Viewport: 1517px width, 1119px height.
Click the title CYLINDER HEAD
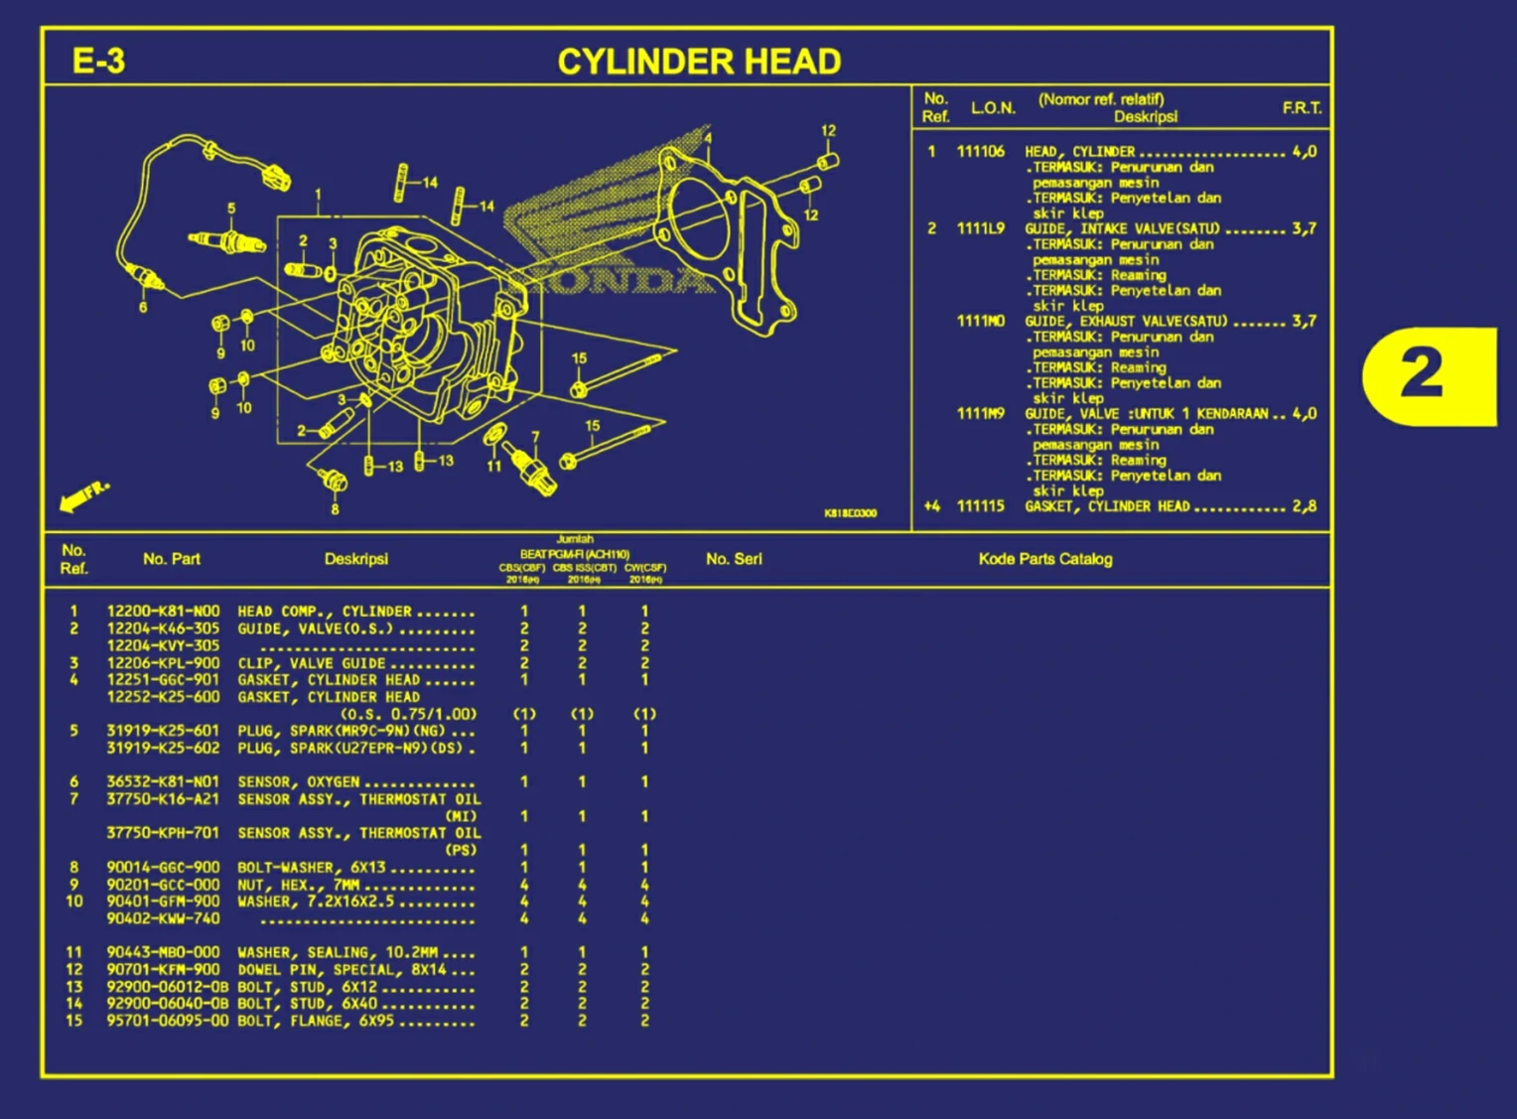coord(699,62)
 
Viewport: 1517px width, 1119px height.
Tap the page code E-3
coord(98,62)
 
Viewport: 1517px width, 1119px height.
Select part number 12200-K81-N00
coord(163,612)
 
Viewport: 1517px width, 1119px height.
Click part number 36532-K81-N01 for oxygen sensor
coord(163,782)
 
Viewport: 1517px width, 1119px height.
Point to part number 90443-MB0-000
coord(163,952)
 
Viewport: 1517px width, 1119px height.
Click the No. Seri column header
coord(734,559)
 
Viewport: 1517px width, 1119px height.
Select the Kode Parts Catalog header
coord(1044,559)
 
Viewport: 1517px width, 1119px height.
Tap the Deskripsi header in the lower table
coord(355,559)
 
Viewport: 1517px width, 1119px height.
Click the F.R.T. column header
coord(1302,108)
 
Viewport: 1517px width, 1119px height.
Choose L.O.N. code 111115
coord(980,506)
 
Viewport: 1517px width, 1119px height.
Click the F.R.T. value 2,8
coord(1305,506)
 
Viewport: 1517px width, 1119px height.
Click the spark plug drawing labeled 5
coord(228,240)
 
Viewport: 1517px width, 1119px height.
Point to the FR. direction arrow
coord(83,496)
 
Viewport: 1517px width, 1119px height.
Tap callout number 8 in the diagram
coord(335,509)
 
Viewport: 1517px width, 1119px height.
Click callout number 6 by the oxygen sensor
coord(143,308)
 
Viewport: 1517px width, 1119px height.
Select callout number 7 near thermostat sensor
coord(535,437)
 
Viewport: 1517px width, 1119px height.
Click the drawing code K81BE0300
coord(850,513)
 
